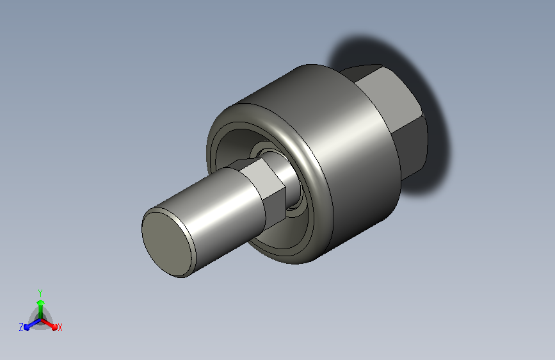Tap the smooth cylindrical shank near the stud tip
(220, 213)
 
